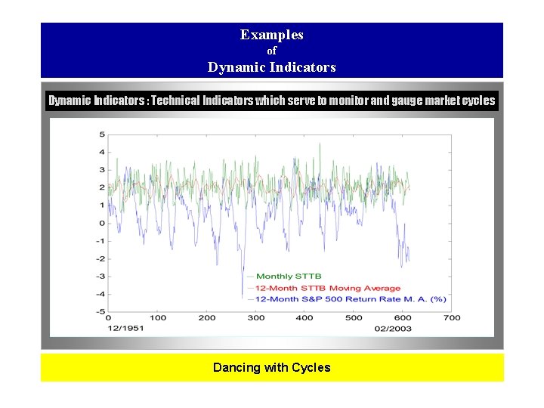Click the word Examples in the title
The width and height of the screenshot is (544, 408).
coord(271,35)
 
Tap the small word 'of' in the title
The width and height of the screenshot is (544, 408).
coord(272,51)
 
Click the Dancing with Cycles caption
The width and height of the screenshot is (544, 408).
coord(271,368)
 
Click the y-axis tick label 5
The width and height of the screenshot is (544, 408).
coord(102,134)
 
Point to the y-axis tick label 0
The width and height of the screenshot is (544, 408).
coord(102,223)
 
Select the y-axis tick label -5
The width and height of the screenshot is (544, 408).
coord(100,311)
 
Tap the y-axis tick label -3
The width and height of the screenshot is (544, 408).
coord(100,277)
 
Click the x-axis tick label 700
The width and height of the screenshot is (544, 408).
coord(452,318)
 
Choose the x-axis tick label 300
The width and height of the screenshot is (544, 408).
coord(256,318)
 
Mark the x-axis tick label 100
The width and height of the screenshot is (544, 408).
coord(157,318)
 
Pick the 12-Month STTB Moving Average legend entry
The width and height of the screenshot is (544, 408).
coord(328,288)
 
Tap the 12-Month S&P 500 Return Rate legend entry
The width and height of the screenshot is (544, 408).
coord(351,299)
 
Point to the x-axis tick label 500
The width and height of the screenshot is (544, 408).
coord(354,318)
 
